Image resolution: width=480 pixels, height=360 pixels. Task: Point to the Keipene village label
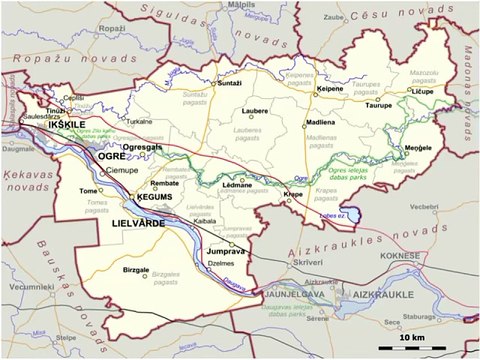click(329, 89)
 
